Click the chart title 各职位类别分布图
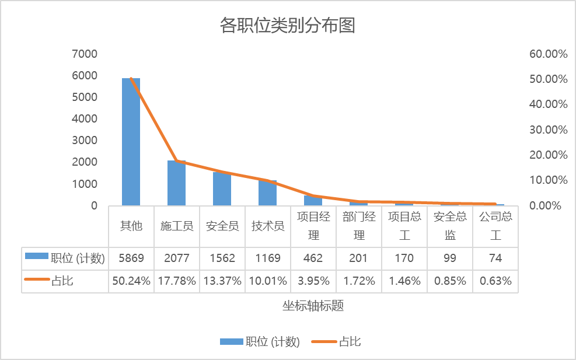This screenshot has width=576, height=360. tap(287, 26)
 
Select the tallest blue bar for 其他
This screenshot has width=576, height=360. tap(131, 143)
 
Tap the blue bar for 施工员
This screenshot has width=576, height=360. tap(176, 183)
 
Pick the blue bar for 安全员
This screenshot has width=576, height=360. tap(222, 189)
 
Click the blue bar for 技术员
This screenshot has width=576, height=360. tap(267, 193)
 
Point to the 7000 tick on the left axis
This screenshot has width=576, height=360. tap(85, 54)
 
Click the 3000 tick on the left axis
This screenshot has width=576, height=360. tap(85, 141)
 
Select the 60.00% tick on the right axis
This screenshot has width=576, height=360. tap(548, 54)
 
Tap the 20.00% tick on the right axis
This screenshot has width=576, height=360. tap(548, 155)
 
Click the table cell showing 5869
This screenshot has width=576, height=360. tap(131, 258)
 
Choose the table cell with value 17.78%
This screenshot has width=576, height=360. tap(177, 281)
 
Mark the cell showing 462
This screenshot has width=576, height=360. tap(313, 258)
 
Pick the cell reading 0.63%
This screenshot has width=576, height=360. tap(495, 281)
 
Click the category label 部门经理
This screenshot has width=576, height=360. tap(359, 226)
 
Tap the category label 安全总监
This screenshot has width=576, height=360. tap(450, 226)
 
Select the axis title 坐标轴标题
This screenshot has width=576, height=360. tap(313, 306)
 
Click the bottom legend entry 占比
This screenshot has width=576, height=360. tap(350, 342)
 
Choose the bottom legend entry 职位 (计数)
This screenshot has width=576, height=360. tap(273, 342)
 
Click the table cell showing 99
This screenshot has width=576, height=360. tap(450, 258)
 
